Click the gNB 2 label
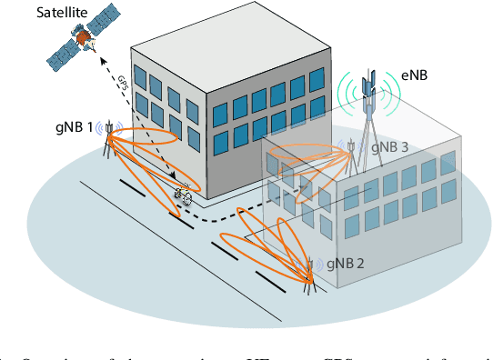[346, 264]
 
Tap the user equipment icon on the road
[183, 195]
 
